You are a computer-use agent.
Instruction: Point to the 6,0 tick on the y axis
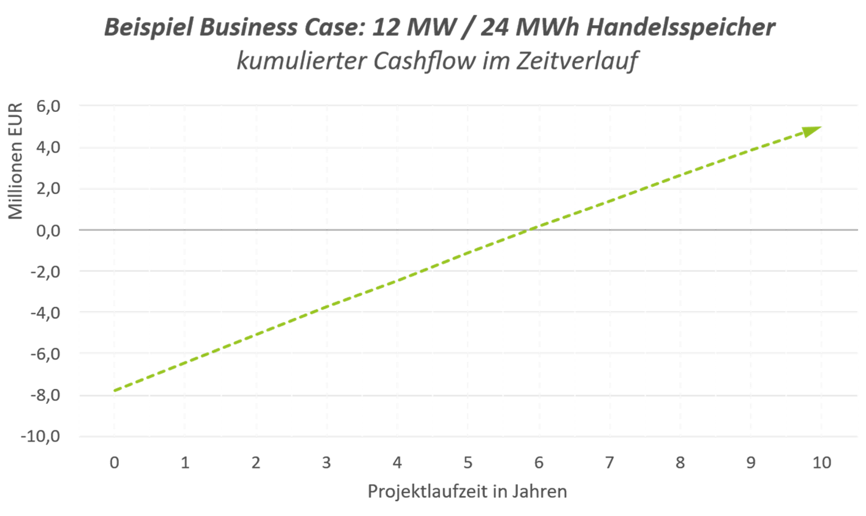click(x=49, y=106)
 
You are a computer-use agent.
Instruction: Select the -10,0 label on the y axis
click(x=41, y=436)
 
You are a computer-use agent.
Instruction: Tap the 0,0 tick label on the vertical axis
click(x=49, y=230)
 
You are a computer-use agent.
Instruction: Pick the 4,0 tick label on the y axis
click(x=49, y=147)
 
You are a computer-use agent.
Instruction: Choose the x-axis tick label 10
click(x=822, y=462)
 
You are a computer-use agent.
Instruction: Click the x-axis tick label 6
click(x=539, y=462)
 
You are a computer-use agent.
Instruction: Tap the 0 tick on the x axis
click(x=114, y=462)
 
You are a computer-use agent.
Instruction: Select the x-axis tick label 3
click(x=326, y=462)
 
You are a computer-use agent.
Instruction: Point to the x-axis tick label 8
click(x=680, y=462)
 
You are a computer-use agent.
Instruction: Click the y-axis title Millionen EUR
click(x=16, y=161)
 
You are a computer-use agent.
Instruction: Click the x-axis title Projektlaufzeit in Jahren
click(x=467, y=491)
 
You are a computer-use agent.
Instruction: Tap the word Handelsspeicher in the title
click(x=680, y=28)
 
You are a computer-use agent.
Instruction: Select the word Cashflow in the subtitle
click(x=424, y=61)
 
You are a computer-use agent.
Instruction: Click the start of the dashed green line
click(x=114, y=391)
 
